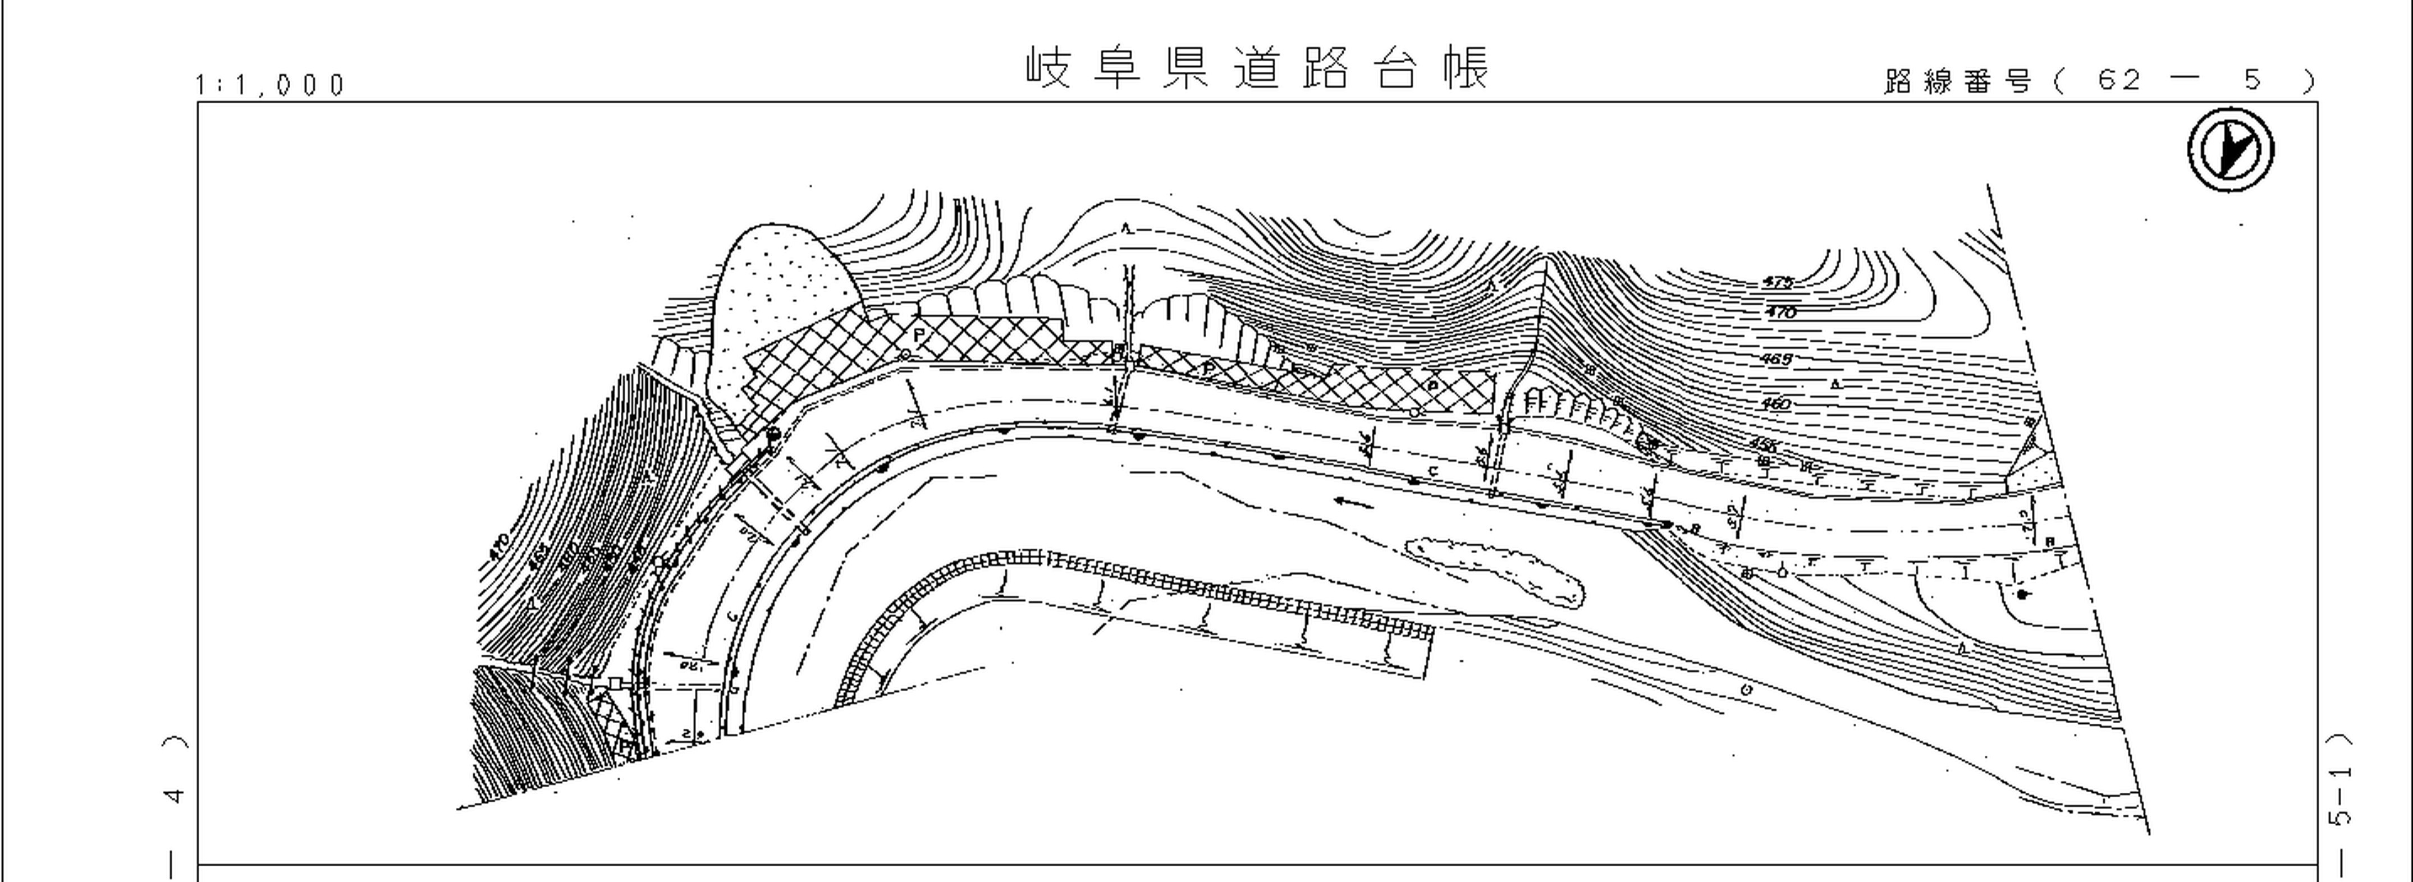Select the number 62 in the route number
[x=2119, y=81]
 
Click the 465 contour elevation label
[x=1775, y=359]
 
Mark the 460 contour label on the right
[x=1775, y=405]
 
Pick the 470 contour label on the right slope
[x=1780, y=313]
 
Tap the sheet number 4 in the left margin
[x=174, y=796]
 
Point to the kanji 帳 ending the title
[x=1465, y=67]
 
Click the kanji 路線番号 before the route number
[x=1958, y=81]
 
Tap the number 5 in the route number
[x=2254, y=81]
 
